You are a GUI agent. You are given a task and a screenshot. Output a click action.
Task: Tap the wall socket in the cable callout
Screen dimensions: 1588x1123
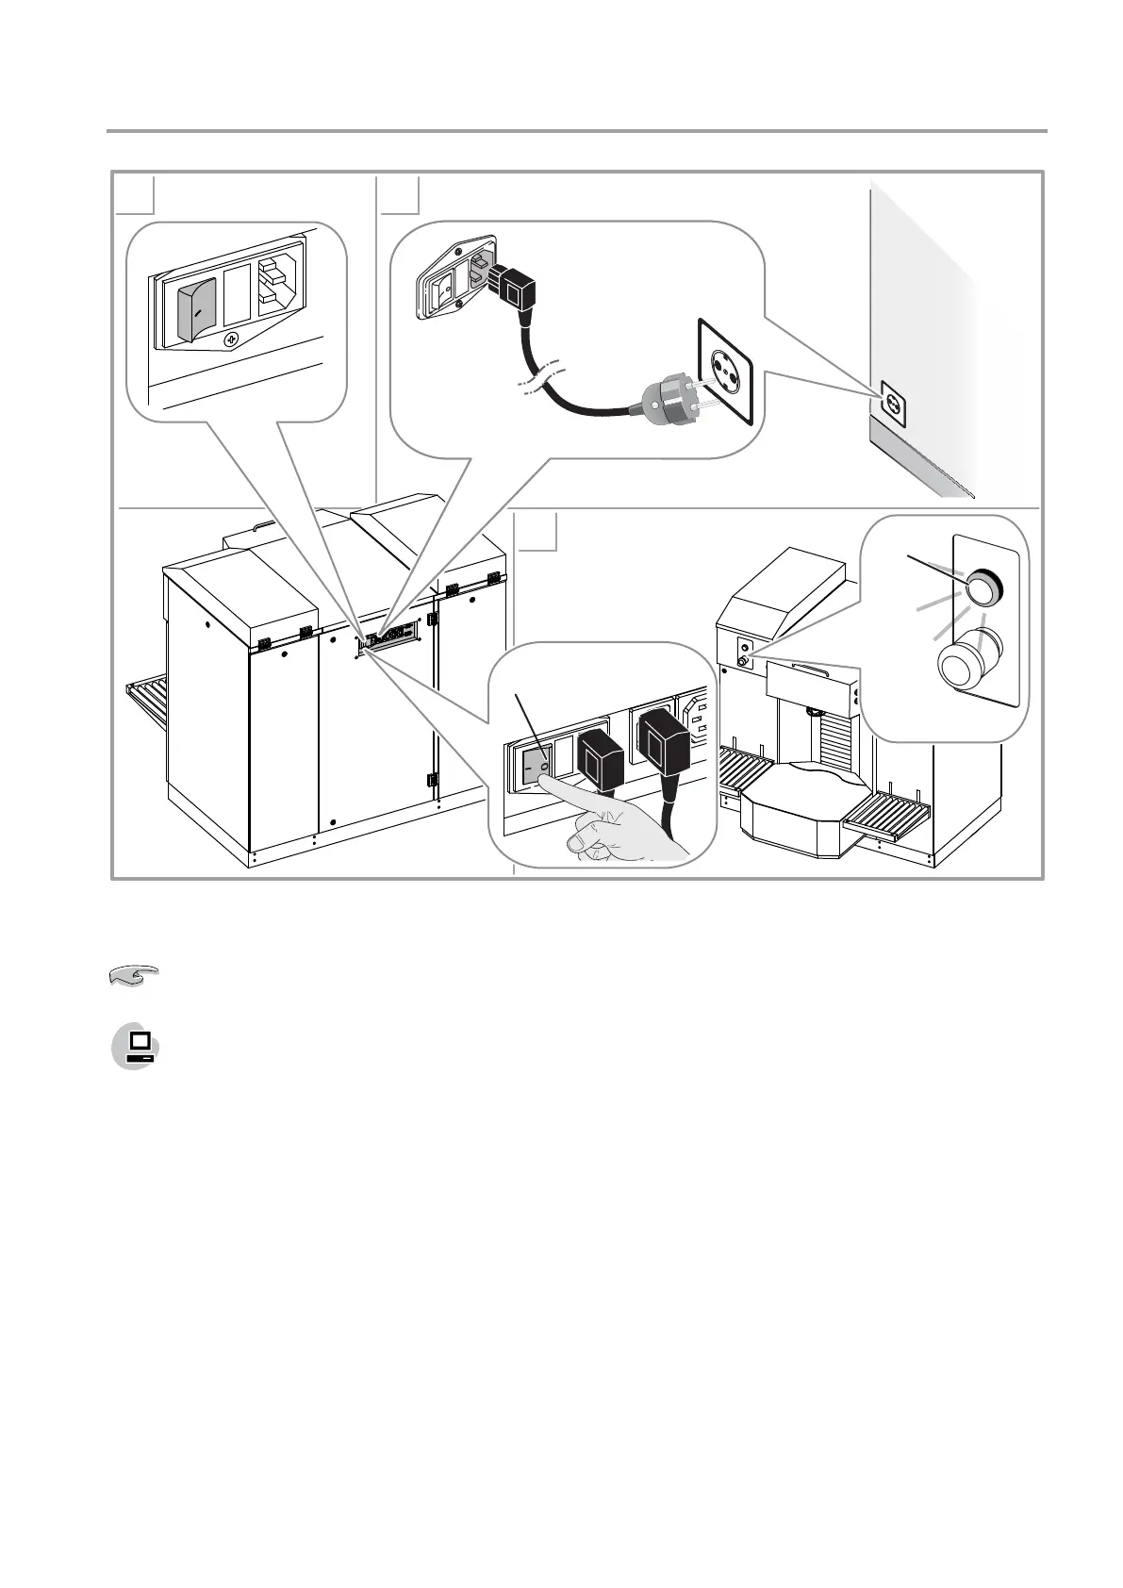(x=724, y=371)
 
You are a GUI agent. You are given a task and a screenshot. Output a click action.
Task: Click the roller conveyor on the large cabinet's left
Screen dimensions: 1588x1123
(x=148, y=702)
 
